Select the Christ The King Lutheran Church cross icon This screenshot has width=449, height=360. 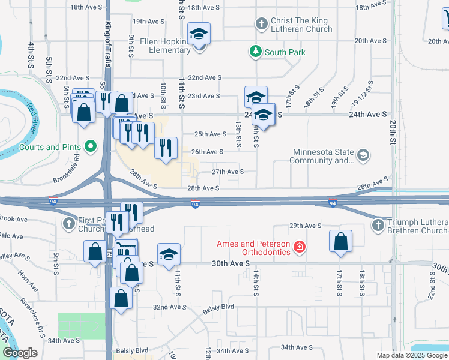(x=261, y=24)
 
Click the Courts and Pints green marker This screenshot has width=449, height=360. (x=91, y=146)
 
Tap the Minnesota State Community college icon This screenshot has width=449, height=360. (x=363, y=156)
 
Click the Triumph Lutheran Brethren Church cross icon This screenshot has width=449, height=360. (x=378, y=226)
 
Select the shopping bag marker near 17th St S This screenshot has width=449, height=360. (x=340, y=242)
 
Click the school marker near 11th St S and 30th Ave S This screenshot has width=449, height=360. (x=169, y=254)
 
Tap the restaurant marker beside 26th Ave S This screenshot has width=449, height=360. (x=166, y=148)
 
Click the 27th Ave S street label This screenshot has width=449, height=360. (x=228, y=172)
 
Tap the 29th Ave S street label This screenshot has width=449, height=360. (x=306, y=226)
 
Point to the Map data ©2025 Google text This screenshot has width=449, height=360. (x=411, y=355)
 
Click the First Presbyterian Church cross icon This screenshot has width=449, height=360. (x=69, y=224)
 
